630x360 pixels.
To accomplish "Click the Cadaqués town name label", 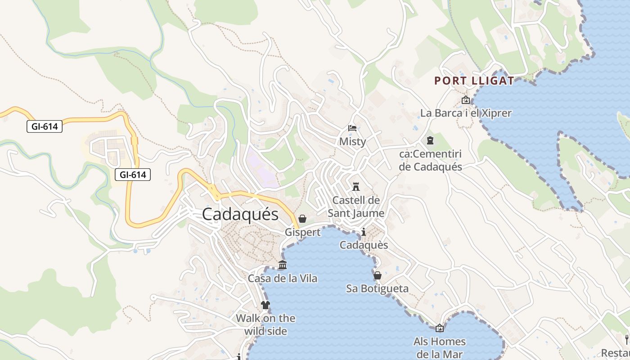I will click(x=240, y=214).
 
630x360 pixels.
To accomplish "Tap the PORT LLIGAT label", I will click(x=474, y=81).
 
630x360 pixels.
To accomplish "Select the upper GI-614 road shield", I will click(x=45, y=126).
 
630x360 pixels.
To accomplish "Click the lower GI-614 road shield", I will click(x=133, y=175).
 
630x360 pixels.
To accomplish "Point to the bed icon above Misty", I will click(x=352, y=129).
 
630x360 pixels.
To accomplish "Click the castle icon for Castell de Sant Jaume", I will click(x=356, y=186).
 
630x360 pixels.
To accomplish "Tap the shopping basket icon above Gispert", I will click(x=302, y=219).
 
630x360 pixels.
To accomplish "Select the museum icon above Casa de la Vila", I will click(x=283, y=265).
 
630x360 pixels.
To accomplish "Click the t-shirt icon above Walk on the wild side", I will click(x=265, y=305).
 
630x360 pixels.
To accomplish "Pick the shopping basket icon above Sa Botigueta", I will click(x=377, y=275).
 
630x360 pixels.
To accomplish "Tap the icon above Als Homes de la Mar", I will click(x=440, y=328).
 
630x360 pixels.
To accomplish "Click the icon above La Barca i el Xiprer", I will click(x=465, y=100).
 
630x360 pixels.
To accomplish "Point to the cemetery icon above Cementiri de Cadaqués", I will click(x=430, y=141).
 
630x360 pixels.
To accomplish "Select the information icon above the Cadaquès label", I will click(x=364, y=232).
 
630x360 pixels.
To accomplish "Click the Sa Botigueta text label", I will click(x=377, y=288).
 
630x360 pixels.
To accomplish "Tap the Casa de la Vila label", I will click(x=283, y=279).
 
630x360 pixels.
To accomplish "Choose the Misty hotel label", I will click(x=352, y=141).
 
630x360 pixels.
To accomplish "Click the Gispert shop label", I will click(x=302, y=232).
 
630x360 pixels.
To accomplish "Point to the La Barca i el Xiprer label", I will click(x=466, y=113).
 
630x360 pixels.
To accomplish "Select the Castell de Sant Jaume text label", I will click(x=356, y=207).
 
